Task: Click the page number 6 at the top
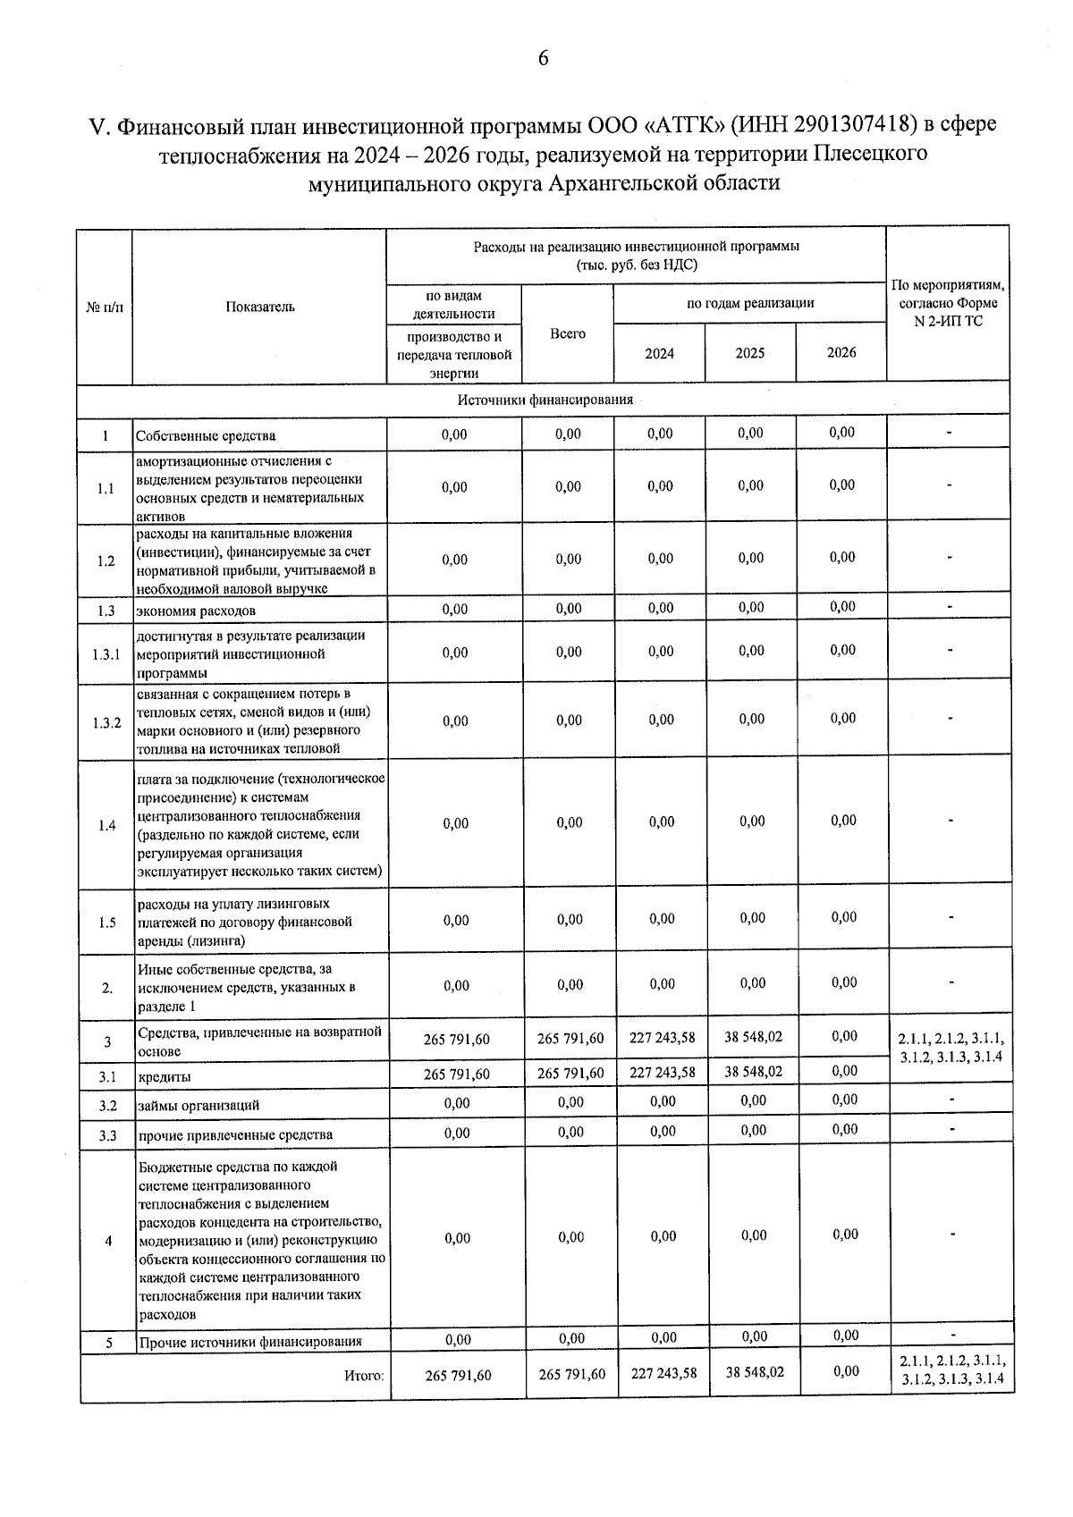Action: coord(543,59)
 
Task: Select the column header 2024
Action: coord(660,353)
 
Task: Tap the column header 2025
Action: coord(750,353)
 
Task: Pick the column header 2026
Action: coord(841,352)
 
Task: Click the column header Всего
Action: coord(568,333)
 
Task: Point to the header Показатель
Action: coord(260,307)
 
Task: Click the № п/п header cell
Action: coord(105,307)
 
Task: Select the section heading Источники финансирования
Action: coord(545,400)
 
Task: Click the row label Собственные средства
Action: coord(206,436)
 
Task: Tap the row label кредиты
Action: coord(165,1077)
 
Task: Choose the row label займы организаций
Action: coord(199,1105)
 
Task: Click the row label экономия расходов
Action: coord(196,611)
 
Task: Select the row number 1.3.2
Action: coord(106,722)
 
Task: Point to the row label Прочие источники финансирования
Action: coord(250,1342)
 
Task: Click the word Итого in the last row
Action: coord(364,1376)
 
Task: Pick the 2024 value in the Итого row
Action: coord(663,1373)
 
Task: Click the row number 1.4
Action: coord(106,825)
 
